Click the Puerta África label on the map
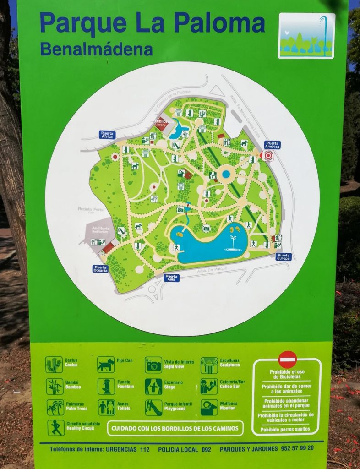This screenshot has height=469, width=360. [108, 135]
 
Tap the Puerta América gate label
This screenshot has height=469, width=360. [273, 145]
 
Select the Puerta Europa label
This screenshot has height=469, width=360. [284, 257]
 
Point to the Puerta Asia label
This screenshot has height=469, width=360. [172, 278]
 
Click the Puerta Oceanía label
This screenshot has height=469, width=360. [101, 269]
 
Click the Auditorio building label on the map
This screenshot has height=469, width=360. [100, 230]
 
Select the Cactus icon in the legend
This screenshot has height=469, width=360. [54, 365]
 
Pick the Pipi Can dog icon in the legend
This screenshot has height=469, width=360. [106, 365]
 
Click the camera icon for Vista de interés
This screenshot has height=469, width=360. [153, 365]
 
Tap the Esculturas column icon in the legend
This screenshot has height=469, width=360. [209, 365]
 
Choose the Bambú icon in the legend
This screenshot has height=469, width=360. [55, 386]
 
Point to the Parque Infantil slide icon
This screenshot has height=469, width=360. [153, 407]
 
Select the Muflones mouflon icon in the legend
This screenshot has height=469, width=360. [209, 407]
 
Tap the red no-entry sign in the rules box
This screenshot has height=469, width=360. [288, 359]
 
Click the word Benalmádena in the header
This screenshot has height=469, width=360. [96, 49]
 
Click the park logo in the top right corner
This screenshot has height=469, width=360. [306, 36]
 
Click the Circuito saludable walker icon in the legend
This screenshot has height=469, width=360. [56, 427]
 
